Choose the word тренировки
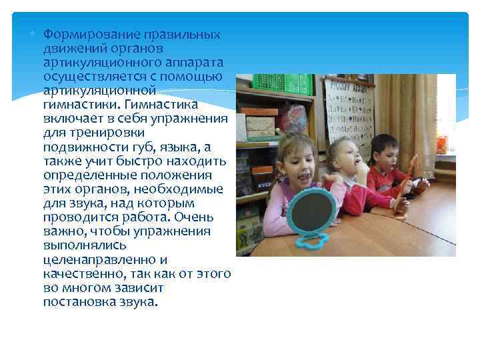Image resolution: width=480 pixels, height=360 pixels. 95,133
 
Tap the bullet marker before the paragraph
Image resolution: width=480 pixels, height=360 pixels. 36,34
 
